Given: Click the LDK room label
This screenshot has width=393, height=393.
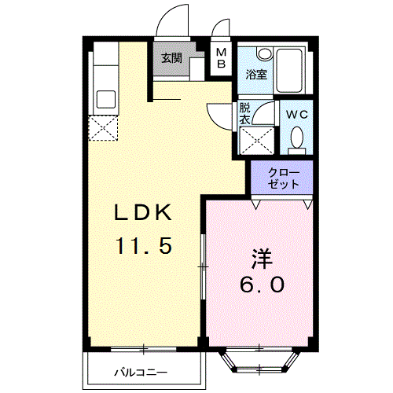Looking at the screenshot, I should click(x=144, y=213).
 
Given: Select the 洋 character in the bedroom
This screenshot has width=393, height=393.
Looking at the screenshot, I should click(x=263, y=258).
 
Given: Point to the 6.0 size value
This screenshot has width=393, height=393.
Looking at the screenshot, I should click(x=263, y=286).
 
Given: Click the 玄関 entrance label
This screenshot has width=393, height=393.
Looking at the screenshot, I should click(x=172, y=58).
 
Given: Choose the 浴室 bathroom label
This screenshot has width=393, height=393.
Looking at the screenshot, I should click(x=255, y=76).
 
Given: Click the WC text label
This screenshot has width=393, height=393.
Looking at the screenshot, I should click(x=296, y=114).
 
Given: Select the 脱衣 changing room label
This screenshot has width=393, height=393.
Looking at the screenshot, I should click(x=244, y=115).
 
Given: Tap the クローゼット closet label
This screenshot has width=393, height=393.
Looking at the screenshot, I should click(x=282, y=178).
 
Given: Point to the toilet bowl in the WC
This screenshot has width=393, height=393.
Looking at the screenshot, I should click(x=297, y=139).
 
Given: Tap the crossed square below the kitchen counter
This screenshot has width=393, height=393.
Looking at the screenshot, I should click(x=103, y=128).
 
